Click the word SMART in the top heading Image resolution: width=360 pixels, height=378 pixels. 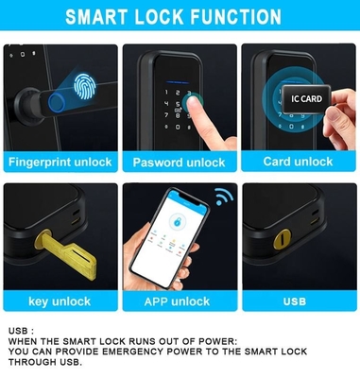97,17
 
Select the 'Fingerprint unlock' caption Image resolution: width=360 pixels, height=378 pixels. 60,163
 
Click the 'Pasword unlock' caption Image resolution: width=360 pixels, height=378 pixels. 179,163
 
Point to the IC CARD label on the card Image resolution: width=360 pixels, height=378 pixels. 306,99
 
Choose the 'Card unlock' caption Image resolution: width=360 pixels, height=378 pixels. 298,162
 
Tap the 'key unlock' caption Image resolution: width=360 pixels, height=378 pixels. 60,301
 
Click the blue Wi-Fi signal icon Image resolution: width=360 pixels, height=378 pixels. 224,197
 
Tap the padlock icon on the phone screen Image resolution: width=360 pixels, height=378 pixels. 176,222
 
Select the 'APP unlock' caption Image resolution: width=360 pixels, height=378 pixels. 177,301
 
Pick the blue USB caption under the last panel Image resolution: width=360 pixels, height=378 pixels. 295,301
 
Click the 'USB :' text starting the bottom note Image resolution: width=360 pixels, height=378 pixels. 21,331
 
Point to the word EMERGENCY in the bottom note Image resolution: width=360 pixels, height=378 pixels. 133,352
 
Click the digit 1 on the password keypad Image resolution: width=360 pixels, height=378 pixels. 166,93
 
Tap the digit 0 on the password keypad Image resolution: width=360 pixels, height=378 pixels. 178,127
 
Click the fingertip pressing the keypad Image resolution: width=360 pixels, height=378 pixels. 193,103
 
